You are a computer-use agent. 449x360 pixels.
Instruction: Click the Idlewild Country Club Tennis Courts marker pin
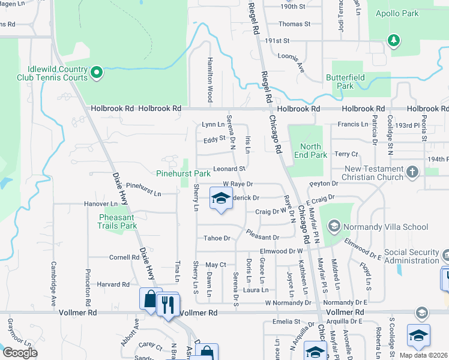97,74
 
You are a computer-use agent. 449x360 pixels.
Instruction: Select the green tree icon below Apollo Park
394,41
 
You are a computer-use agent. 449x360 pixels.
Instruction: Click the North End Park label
312,151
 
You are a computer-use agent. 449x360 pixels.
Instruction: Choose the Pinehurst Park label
183,173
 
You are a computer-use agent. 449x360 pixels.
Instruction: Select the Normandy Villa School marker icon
334,227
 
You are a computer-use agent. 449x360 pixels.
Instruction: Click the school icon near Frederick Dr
221,198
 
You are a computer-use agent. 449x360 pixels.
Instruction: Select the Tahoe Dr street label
217,238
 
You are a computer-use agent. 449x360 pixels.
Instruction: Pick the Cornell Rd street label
124,257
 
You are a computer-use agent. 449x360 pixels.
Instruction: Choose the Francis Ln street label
352,124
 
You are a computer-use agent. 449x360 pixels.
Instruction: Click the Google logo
19,352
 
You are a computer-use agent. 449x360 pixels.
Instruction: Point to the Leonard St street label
229,169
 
